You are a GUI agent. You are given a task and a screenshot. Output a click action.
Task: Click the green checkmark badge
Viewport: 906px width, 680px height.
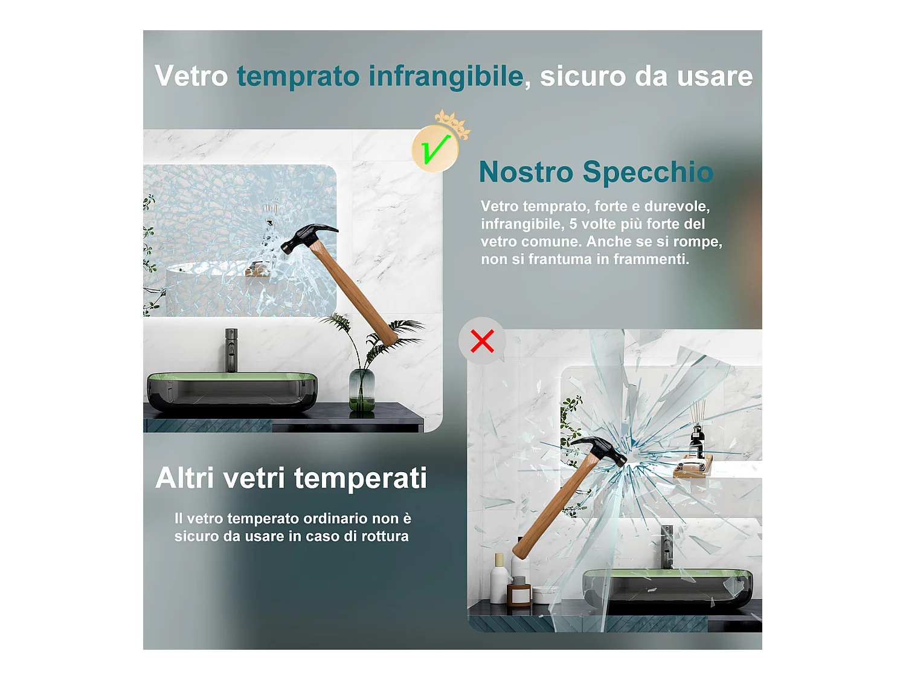(434, 149)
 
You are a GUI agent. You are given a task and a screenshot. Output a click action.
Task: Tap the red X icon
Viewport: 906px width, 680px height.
(482, 341)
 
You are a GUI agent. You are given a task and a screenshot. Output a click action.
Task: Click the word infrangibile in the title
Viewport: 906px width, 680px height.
(446, 76)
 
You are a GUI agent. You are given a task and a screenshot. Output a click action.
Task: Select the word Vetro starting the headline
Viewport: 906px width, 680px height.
(191, 76)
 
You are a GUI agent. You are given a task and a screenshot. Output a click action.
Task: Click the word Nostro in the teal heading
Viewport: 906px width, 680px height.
(525, 172)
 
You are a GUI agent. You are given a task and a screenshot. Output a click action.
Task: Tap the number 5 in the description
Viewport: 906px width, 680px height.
(573, 224)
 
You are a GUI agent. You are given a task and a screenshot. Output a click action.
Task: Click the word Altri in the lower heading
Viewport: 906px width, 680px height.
(185, 478)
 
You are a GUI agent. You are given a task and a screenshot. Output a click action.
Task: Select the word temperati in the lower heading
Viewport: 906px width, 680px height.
(361, 478)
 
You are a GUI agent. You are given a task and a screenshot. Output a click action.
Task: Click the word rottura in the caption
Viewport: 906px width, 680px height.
(385, 536)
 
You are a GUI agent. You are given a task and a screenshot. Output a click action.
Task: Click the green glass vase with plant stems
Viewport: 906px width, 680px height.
(362, 390)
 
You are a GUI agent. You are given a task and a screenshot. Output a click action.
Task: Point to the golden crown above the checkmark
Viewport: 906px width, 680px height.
(452, 121)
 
